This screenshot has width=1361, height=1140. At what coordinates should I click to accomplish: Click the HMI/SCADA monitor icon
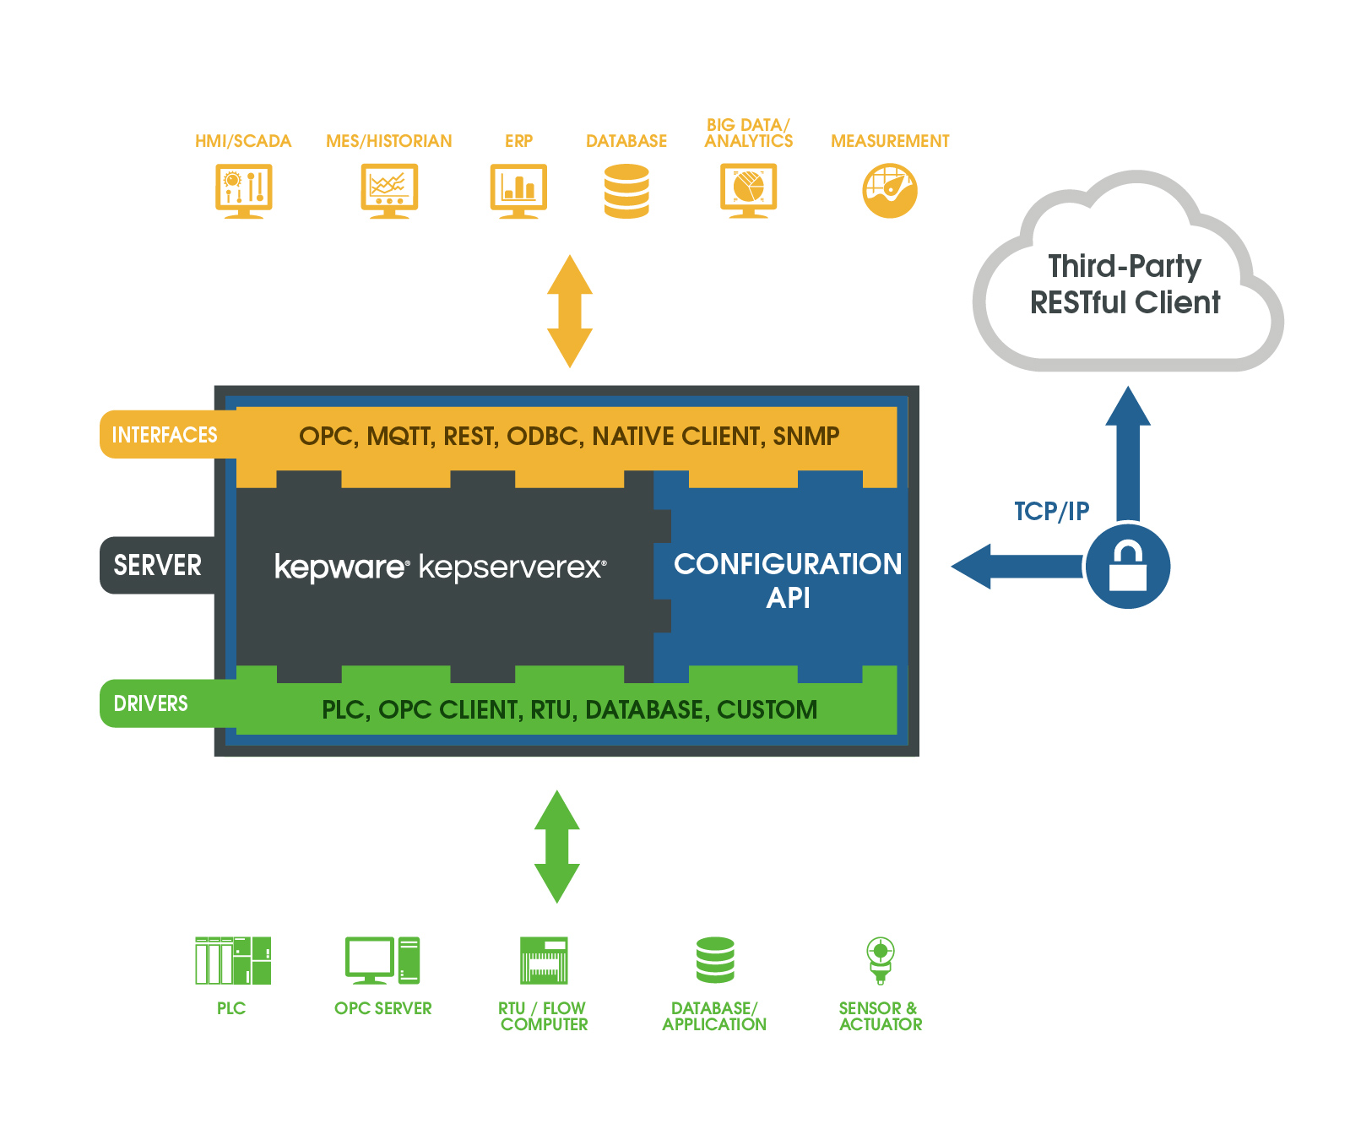click(x=243, y=191)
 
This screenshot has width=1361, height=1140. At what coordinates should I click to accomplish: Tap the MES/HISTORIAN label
click(x=388, y=141)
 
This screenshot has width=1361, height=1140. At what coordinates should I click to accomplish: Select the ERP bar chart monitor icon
click(x=518, y=191)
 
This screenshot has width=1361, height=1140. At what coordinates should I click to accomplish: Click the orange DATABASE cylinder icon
click(x=626, y=192)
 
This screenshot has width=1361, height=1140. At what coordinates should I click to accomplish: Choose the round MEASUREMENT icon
click(x=890, y=191)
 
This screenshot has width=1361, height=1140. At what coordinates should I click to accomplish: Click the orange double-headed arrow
click(x=570, y=311)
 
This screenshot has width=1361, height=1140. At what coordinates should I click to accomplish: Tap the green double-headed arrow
click(x=557, y=846)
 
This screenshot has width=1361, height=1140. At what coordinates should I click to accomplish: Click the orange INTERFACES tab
click(x=165, y=435)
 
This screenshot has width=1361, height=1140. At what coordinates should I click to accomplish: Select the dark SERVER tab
click(x=158, y=565)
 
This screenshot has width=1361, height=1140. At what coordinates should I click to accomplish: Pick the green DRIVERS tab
click(x=152, y=703)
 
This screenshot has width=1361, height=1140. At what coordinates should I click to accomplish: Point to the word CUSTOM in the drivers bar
click(x=767, y=710)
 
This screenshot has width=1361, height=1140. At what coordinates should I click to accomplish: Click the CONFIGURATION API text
click(x=787, y=580)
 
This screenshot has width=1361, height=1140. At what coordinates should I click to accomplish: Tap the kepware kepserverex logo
click(x=440, y=567)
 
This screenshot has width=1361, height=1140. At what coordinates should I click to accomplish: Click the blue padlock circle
click(x=1127, y=566)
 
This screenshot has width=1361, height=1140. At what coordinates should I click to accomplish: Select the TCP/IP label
click(x=1051, y=511)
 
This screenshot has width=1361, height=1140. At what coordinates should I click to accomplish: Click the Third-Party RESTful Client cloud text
click(x=1125, y=284)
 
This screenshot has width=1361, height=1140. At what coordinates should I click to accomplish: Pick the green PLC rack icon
click(x=233, y=960)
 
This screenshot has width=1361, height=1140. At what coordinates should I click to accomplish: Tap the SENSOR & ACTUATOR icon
click(x=881, y=960)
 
